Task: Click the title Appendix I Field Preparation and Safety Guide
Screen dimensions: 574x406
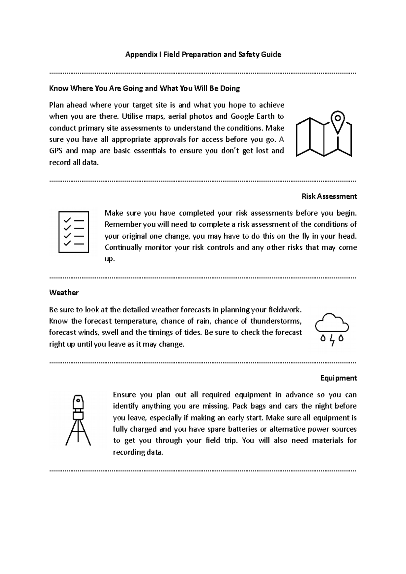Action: [203, 54]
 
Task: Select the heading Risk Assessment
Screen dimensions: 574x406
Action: [329, 196]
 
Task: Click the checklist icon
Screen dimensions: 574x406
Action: [74, 232]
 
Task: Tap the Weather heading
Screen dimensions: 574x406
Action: [64, 293]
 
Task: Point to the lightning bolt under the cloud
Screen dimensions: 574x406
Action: [332, 340]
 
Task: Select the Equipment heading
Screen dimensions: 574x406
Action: [338, 378]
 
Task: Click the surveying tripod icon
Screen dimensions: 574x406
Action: [78, 420]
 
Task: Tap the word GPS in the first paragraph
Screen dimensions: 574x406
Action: [55, 151]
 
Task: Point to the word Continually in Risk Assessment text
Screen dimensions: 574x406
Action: [123, 247]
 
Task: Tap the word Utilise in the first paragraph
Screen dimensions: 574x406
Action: [132, 117]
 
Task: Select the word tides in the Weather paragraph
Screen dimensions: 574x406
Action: [193, 333]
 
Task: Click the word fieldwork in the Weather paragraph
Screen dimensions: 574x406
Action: [284, 310]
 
